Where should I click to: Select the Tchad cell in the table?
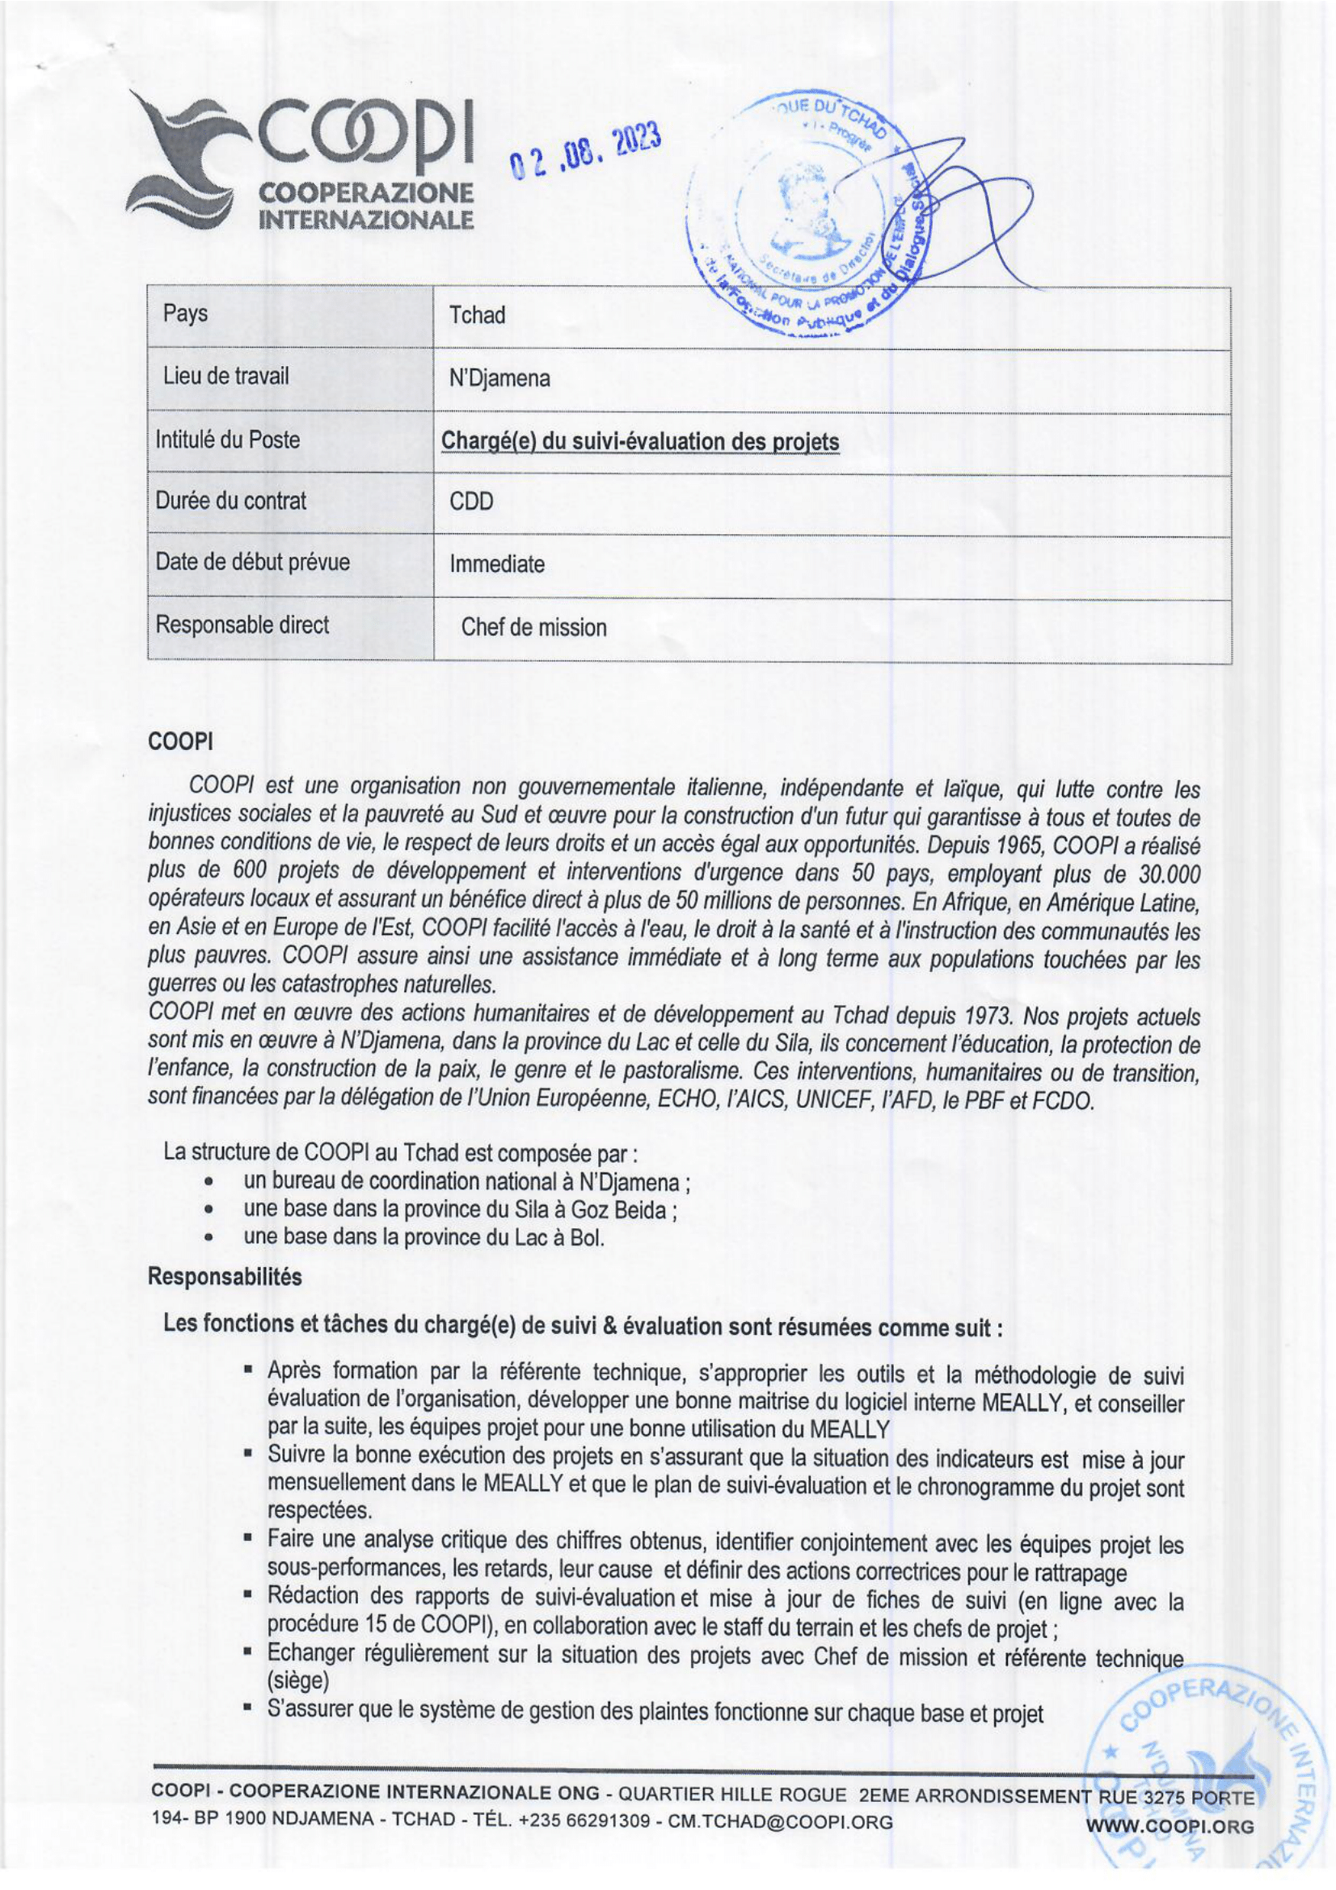coord(477,315)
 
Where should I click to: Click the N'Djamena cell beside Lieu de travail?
coord(499,379)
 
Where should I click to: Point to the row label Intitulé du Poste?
coord(227,440)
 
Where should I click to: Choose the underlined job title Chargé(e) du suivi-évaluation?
coord(639,442)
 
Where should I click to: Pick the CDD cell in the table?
coord(471,501)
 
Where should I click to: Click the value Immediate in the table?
coord(496,565)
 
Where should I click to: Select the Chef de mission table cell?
coord(533,627)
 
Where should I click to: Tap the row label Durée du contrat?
coord(230,500)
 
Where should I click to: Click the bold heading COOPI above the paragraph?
coord(180,741)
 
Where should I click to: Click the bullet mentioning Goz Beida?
coord(459,1210)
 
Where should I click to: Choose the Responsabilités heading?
coord(225,1277)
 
